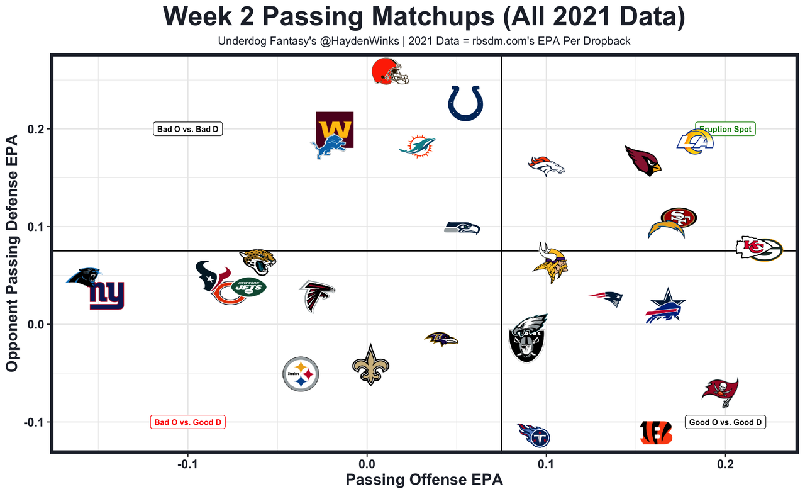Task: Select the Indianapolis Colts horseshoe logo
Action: (465, 103)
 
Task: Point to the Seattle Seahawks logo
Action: (462, 228)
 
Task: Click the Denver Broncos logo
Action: (545, 165)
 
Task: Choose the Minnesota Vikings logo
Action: (550, 257)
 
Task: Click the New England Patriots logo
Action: (606, 298)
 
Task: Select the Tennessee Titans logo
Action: (533, 435)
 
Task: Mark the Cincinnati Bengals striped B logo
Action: (655, 433)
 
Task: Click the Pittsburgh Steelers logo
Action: (301, 374)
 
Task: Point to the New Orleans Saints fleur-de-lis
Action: (370, 364)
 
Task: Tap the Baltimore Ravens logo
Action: (441, 339)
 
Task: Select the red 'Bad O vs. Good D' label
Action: (187, 422)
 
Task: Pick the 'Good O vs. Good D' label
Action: (726, 422)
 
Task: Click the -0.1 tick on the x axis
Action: (187, 466)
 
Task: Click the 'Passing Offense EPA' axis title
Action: (425, 480)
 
